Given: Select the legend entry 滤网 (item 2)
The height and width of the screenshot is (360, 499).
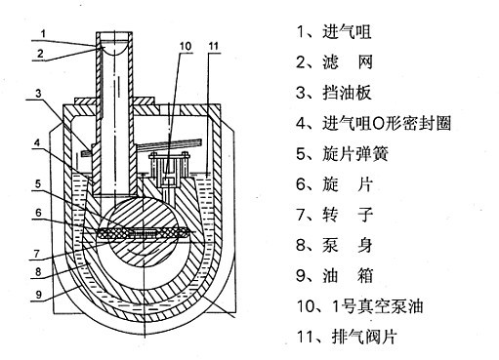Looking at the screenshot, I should (x=341, y=61).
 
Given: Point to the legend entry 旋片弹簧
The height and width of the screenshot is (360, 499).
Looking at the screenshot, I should (x=352, y=154).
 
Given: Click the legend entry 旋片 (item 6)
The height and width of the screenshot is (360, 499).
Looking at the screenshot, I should (x=341, y=184).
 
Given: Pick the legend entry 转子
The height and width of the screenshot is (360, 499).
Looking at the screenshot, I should (x=341, y=215).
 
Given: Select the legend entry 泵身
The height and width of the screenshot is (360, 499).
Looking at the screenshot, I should (x=341, y=246).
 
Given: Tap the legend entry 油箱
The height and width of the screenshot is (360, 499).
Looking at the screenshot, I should (x=341, y=276).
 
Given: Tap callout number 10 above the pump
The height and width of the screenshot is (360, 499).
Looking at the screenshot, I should (x=186, y=46).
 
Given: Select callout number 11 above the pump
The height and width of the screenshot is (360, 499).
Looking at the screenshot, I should (x=214, y=46).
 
